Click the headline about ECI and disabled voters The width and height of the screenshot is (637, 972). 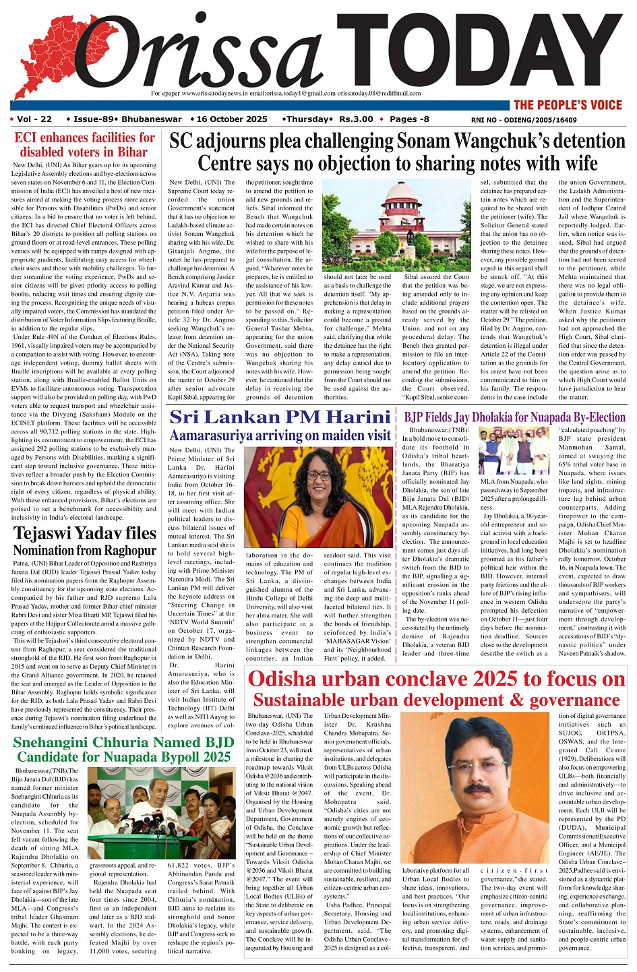pyautogui.click(x=84, y=144)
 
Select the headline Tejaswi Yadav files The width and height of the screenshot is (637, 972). pyautogui.click(x=84, y=533)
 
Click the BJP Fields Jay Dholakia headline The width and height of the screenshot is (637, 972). pyautogui.click(x=515, y=417)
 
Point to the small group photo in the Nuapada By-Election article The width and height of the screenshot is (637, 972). pyautogui.click(x=514, y=450)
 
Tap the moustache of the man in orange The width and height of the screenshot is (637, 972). pyautogui.click(x=477, y=788)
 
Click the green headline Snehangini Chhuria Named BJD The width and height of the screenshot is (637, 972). pyautogui.click(x=123, y=743)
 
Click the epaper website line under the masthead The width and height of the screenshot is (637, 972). pyautogui.click(x=286, y=94)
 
